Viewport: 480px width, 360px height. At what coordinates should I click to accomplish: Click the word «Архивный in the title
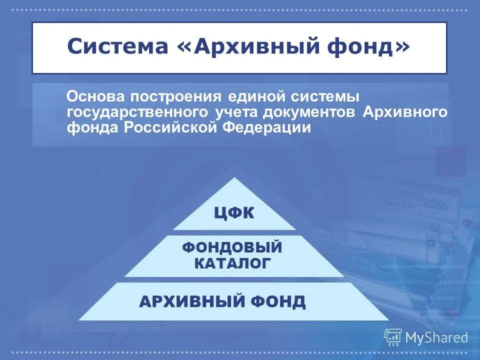click(x=238, y=47)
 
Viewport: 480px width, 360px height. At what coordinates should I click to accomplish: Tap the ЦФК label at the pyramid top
click(x=234, y=214)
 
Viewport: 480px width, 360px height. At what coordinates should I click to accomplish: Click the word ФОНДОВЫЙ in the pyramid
click(x=232, y=247)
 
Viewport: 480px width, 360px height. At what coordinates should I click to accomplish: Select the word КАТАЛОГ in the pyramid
click(x=232, y=263)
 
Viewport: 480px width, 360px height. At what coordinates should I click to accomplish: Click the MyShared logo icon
click(x=393, y=337)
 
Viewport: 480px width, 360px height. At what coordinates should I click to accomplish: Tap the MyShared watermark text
click(x=436, y=338)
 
